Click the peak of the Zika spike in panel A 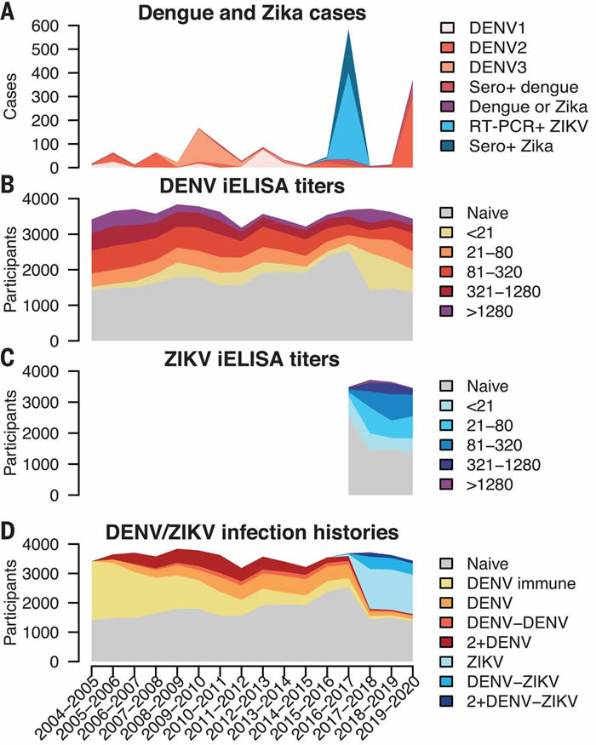coord(348,31)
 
